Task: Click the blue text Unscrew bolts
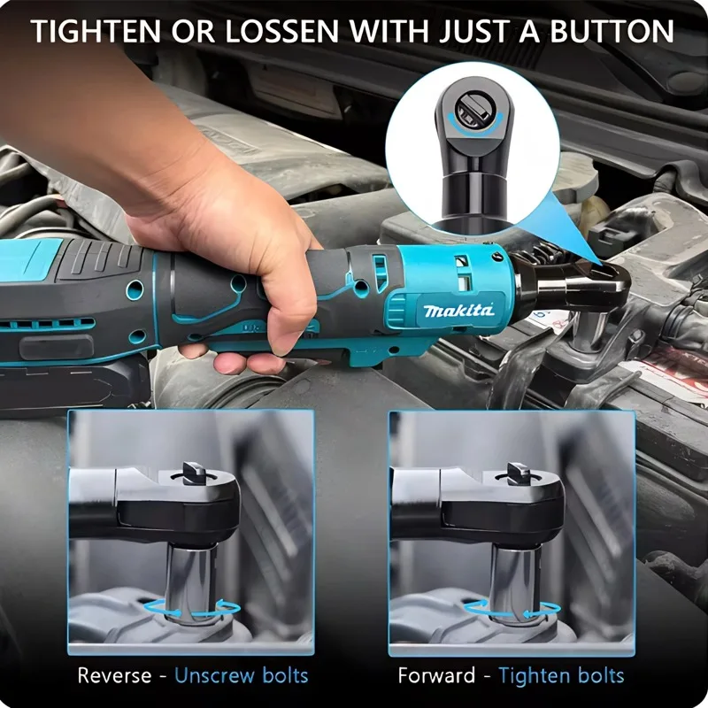point(241,676)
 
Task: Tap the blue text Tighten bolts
point(561,676)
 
